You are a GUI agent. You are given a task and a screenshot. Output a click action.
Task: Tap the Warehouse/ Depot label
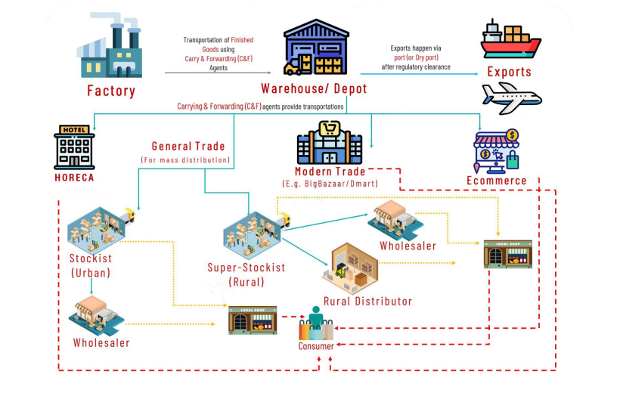coord(314,88)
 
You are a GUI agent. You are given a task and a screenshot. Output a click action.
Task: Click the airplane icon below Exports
coord(512,97)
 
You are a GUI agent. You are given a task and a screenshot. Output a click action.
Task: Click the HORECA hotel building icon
coord(74,146)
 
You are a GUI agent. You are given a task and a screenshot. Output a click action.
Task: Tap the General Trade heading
coord(188,146)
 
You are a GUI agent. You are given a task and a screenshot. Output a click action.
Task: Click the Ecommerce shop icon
coord(497,150)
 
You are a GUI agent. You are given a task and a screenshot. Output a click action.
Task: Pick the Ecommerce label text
coord(496,181)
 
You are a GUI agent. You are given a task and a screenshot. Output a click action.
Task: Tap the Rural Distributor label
coord(367,302)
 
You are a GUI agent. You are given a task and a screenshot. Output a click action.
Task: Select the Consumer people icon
coord(316,323)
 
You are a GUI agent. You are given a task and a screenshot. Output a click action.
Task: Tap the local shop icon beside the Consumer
coord(253,320)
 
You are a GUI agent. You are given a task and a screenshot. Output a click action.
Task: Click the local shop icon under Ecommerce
coord(508,255)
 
